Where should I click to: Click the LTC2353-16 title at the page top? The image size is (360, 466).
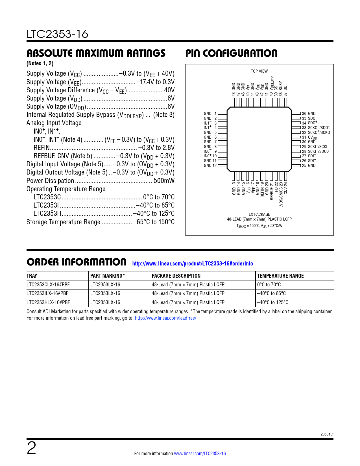tap(57, 34)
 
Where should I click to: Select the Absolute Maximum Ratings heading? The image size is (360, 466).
tap(96, 53)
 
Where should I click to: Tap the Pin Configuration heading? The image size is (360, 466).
tap(231, 53)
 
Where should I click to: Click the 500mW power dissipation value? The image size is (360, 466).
tap(164, 181)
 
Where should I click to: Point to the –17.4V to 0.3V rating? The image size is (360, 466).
tap(156, 82)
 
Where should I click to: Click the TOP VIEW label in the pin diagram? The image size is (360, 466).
tap(259, 71)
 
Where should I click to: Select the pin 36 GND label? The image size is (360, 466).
tap(309, 114)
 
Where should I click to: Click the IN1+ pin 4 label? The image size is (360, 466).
tap(210, 128)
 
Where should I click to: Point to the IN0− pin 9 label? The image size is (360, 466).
tap(210, 151)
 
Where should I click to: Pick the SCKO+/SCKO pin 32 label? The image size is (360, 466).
tap(316, 132)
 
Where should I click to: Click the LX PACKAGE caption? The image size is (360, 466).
tap(259, 214)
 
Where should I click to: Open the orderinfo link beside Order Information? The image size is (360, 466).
tap(193, 264)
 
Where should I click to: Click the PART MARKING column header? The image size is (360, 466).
tap(108, 276)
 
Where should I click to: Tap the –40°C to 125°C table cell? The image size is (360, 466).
tap(273, 302)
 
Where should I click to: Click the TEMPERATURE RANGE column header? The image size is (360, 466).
tap(280, 276)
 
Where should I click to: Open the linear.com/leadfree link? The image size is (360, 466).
tap(165, 318)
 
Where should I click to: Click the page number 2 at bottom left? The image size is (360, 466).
tap(32, 448)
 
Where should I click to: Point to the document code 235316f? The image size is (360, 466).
tap(327, 434)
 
